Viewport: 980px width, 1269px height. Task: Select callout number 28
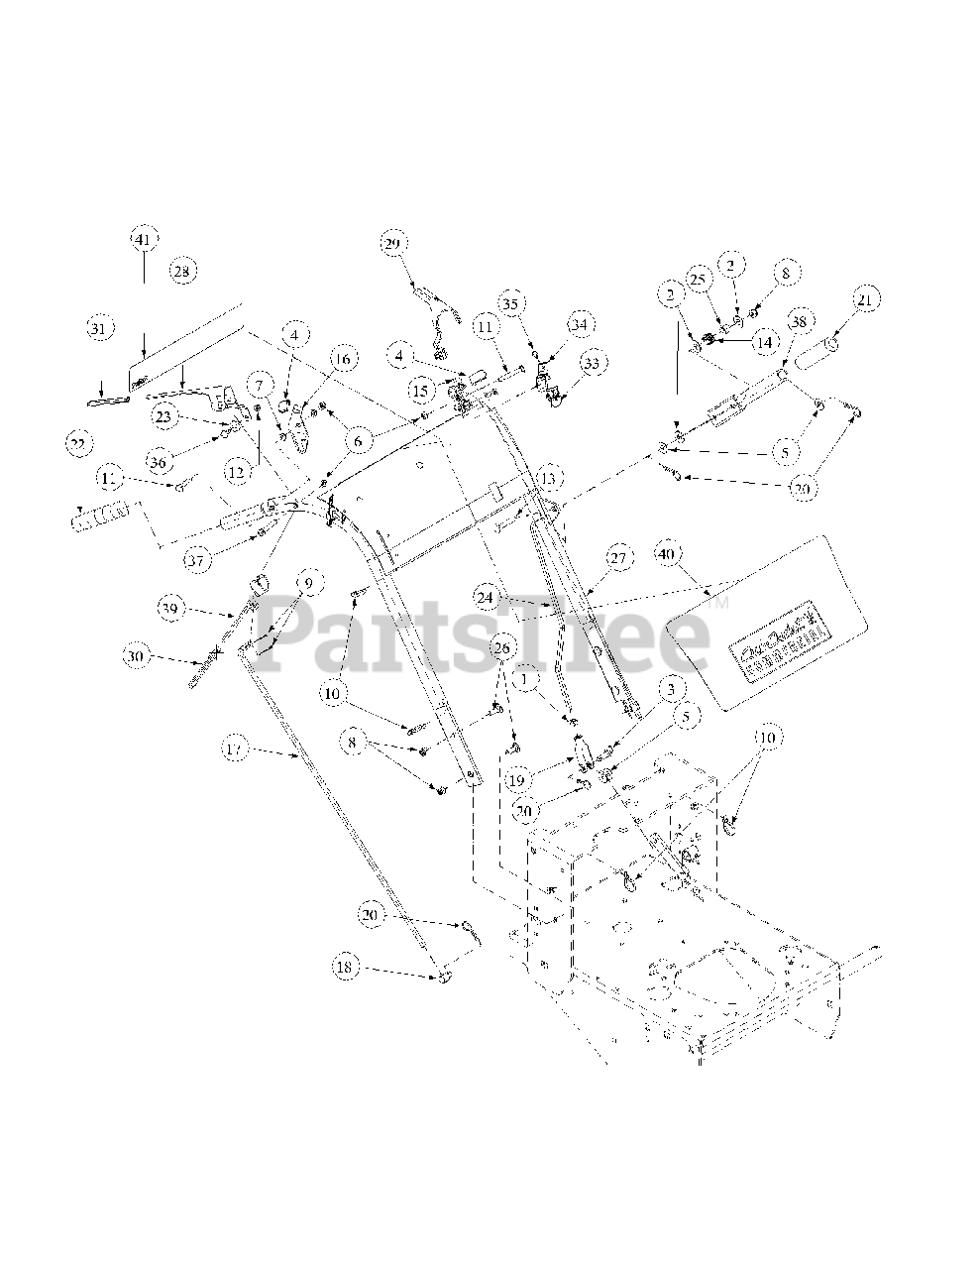point(180,271)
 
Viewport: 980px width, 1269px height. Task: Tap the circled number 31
point(98,328)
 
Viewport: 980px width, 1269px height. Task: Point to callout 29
point(392,244)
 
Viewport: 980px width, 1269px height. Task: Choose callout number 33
point(593,364)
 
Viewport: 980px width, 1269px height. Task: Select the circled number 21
point(866,298)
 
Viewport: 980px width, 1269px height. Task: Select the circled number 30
point(137,655)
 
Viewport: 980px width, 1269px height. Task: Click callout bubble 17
point(235,750)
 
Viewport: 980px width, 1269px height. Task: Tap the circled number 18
point(345,968)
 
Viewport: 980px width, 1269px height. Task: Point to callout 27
point(618,559)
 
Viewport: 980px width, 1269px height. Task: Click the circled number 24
point(485,598)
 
